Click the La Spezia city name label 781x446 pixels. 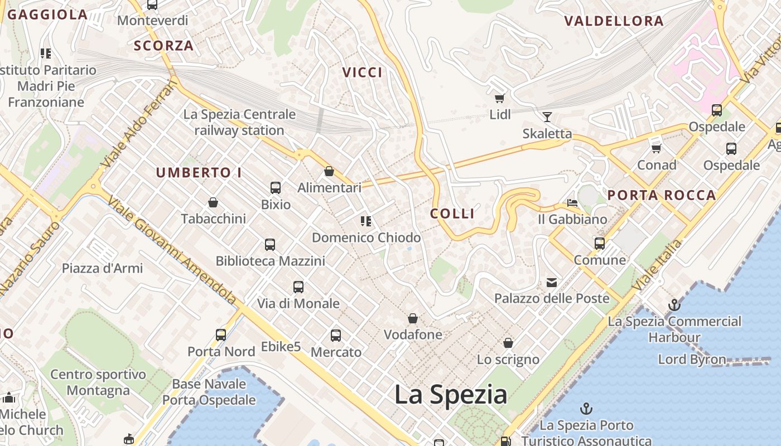tap(451, 395)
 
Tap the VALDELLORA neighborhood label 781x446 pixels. tap(614, 21)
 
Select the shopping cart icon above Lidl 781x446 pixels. tap(499, 99)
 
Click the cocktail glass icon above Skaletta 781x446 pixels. tap(547, 117)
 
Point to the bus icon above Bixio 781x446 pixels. tap(276, 188)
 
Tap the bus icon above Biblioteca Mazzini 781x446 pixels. tap(270, 244)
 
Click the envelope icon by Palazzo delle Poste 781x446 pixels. tap(552, 282)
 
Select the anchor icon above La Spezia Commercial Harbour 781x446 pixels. tap(674, 305)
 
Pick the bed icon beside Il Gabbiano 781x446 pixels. tap(572, 203)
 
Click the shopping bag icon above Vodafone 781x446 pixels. tap(413, 318)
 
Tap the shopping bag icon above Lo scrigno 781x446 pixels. tap(508, 342)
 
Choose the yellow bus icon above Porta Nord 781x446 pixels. tap(221, 335)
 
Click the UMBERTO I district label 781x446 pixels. tap(199, 173)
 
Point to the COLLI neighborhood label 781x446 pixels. tap(452, 214)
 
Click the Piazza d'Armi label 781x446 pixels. tap(102, 268)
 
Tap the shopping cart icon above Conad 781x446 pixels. tap(657, 148)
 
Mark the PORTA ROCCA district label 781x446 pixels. tap(662, 195)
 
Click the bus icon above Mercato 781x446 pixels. tap(336, 336)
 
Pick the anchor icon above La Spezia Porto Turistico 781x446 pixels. tap(586, 409)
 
